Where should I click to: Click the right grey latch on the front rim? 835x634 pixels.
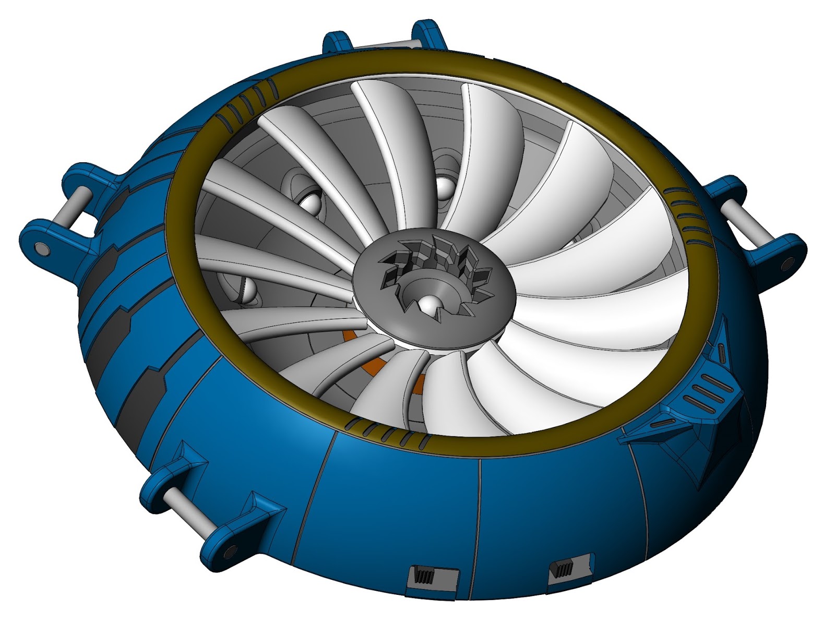pyautogui.click(x=572, y=566)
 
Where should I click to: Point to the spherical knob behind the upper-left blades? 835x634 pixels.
pyautogui.click(x=310, y=201)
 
